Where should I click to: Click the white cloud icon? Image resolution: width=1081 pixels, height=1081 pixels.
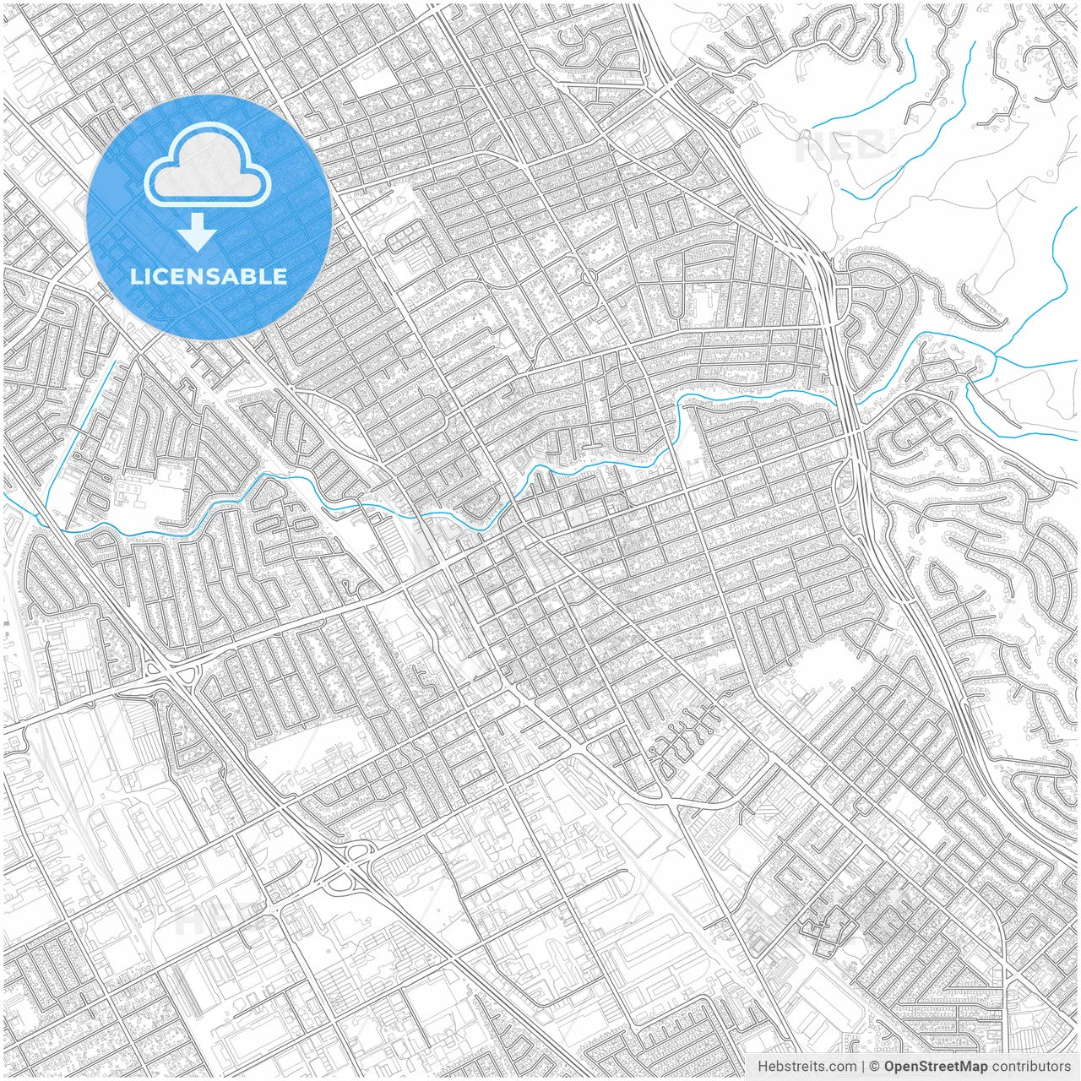pyautogui.click(x=208, y=166)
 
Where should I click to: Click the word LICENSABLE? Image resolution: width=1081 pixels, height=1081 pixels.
pyautogui.click(x=209, y=276)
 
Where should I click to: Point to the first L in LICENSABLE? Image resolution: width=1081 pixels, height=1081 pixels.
pyautogui.click(x=135, y=276)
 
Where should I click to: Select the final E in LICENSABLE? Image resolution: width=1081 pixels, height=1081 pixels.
pyautogui.click(x=280, y=276)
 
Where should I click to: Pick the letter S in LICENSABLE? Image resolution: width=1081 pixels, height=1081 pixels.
pyautogui.click(x=215, y=276)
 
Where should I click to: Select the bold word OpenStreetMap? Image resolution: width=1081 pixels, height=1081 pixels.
pyautogui.click(x=936, y=1067)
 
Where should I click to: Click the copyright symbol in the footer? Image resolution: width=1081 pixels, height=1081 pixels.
pyautogui.click(x=876, y=1067)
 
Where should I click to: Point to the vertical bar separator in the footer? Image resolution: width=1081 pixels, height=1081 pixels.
pyautogui.click(x=863, y=1067)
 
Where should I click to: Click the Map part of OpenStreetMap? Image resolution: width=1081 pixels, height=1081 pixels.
pyautogui.click(x=974, y=1067)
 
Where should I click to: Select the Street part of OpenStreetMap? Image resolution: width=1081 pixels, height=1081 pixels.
pyautogui.click(x=941, y=1067)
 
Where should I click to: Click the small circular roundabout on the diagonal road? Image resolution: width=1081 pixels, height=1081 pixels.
pyautogui.click(x=589, y=276)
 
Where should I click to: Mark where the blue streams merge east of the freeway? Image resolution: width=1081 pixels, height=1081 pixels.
pyautogui.click(x=995, y=358)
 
